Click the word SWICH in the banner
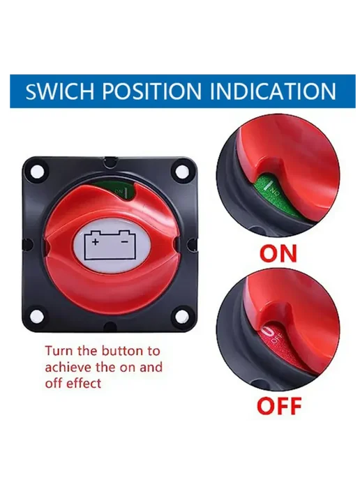tap(60, 91)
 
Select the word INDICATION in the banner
tap(273, 91)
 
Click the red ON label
tap(278, 253)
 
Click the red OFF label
tap(279, 405)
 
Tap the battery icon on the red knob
tap(110, 243)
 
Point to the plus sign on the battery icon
tap(96, 242)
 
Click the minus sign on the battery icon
tap(125, 241)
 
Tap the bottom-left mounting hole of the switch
tap(38, 315)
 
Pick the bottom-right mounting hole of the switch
tap(181, 315)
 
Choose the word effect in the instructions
tap(84, 383)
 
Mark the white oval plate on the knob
tap(110, 244)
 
